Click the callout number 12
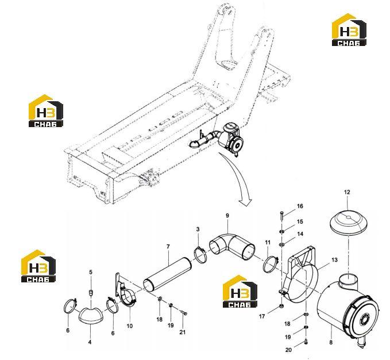[347, 192]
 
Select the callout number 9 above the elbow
[227, 216]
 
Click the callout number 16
[300, 206]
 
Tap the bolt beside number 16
[281, 216]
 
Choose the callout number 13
[334, 260]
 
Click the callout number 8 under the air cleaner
[331, 342]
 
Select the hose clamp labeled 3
[200, 254]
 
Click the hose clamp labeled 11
[270, 265]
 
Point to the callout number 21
[183, 332]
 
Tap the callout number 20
[288, 350]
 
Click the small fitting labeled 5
[91, 292]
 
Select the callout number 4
[90, 342]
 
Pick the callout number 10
[130, 325]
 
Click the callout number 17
[262, 316]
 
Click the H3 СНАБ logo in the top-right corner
[349, 30]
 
